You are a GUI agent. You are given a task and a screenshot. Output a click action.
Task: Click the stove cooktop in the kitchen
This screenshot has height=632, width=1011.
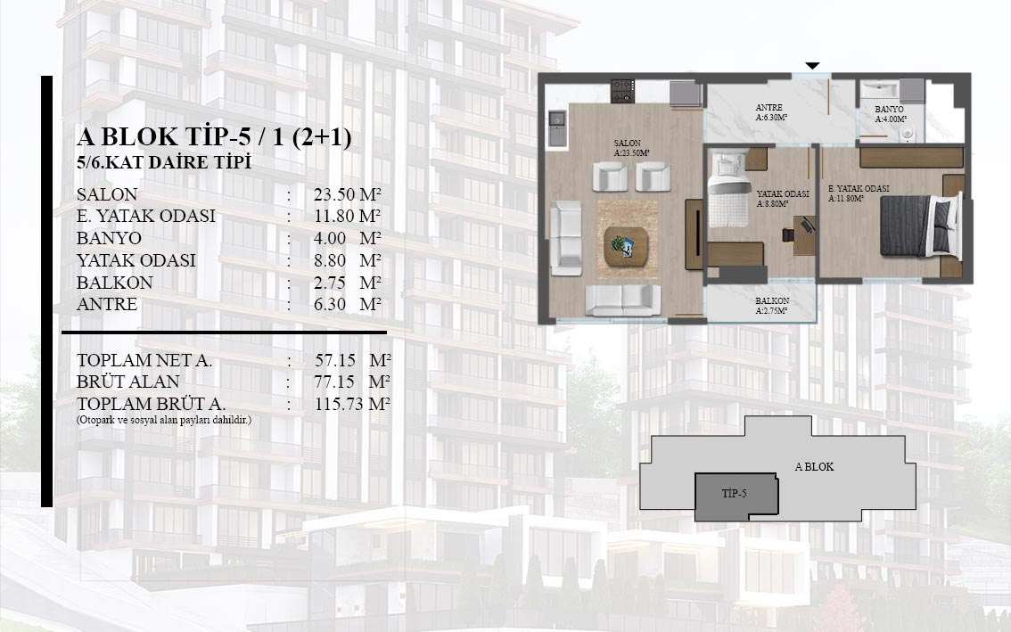pyautogui.click(x=622, y=91)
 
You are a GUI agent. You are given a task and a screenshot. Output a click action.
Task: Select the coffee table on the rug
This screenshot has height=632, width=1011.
pyautogui.click(x=626, y=246)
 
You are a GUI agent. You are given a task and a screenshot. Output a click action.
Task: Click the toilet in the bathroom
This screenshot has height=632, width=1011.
pyautogui.click(x=907, y=133)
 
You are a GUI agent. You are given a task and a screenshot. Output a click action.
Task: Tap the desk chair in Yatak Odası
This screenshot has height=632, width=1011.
pyautogui.click(x=787, y=234)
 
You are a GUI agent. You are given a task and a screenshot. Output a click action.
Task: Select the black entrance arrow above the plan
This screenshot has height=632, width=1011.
pyautogui.click(x=812, y=65)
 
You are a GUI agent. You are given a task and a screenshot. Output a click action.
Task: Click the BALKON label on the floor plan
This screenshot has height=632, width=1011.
pyautogui.click(x=772, y=300)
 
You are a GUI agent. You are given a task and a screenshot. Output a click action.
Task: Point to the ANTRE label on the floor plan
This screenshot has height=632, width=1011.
pyautogui.click(x=769, y=108)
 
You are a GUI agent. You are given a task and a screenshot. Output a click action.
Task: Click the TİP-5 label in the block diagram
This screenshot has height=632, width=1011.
pyautogui.click(x=734, y=493)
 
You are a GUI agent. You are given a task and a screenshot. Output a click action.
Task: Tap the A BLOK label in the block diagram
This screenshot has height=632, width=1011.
pyautogui.click(x=814, y=466)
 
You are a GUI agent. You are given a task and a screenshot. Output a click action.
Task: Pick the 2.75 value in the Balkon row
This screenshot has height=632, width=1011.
pyautogui.click(x=330, y=283)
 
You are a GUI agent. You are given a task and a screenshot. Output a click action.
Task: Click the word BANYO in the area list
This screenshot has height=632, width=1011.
pyautogui.click(x=109, y=238)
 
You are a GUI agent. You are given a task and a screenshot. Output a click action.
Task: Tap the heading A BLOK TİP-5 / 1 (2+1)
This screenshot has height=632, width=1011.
pyautogui.click(x=214, y=136)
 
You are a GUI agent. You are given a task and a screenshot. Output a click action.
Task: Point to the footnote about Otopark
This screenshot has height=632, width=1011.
pyautogui.click(x=164, y=420)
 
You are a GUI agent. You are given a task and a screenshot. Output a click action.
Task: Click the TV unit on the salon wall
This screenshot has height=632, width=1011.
pyautogui.click(x=695, y=234)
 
